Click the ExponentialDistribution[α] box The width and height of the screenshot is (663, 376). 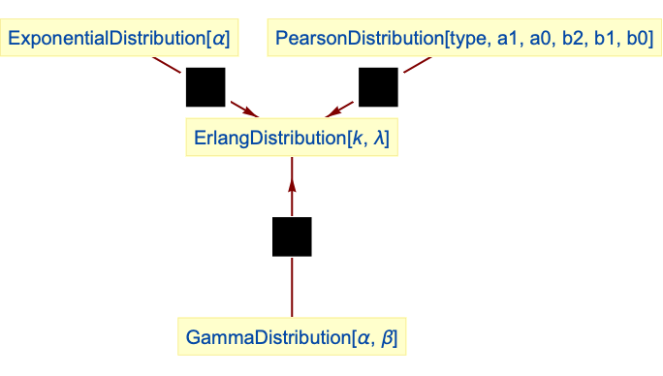pos(119,38)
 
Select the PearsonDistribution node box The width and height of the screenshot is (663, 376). pos(464,38)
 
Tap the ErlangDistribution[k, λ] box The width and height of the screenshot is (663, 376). pos(292,138)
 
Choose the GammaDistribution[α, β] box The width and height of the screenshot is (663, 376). pos(292,336)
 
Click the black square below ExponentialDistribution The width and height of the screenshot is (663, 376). pos(205,87)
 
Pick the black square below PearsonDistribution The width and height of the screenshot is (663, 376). pos(378,87)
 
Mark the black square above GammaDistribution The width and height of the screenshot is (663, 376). pos(292,236)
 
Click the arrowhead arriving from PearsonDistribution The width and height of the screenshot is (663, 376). pos(334,111)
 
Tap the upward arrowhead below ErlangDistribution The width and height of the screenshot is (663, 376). pos(292,186)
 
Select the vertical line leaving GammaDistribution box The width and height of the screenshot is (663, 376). pos(292,287)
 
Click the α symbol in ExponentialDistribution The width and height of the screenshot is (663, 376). pos(219,39)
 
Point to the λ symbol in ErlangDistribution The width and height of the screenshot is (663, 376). pos(378,138)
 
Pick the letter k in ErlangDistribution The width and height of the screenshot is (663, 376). pos(358,138)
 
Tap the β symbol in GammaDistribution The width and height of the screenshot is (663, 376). pos(388,338)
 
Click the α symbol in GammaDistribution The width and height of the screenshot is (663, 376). pos(364,338)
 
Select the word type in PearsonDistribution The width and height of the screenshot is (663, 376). pos(467,39)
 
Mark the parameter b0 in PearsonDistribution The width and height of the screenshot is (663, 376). pos(637,38)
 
